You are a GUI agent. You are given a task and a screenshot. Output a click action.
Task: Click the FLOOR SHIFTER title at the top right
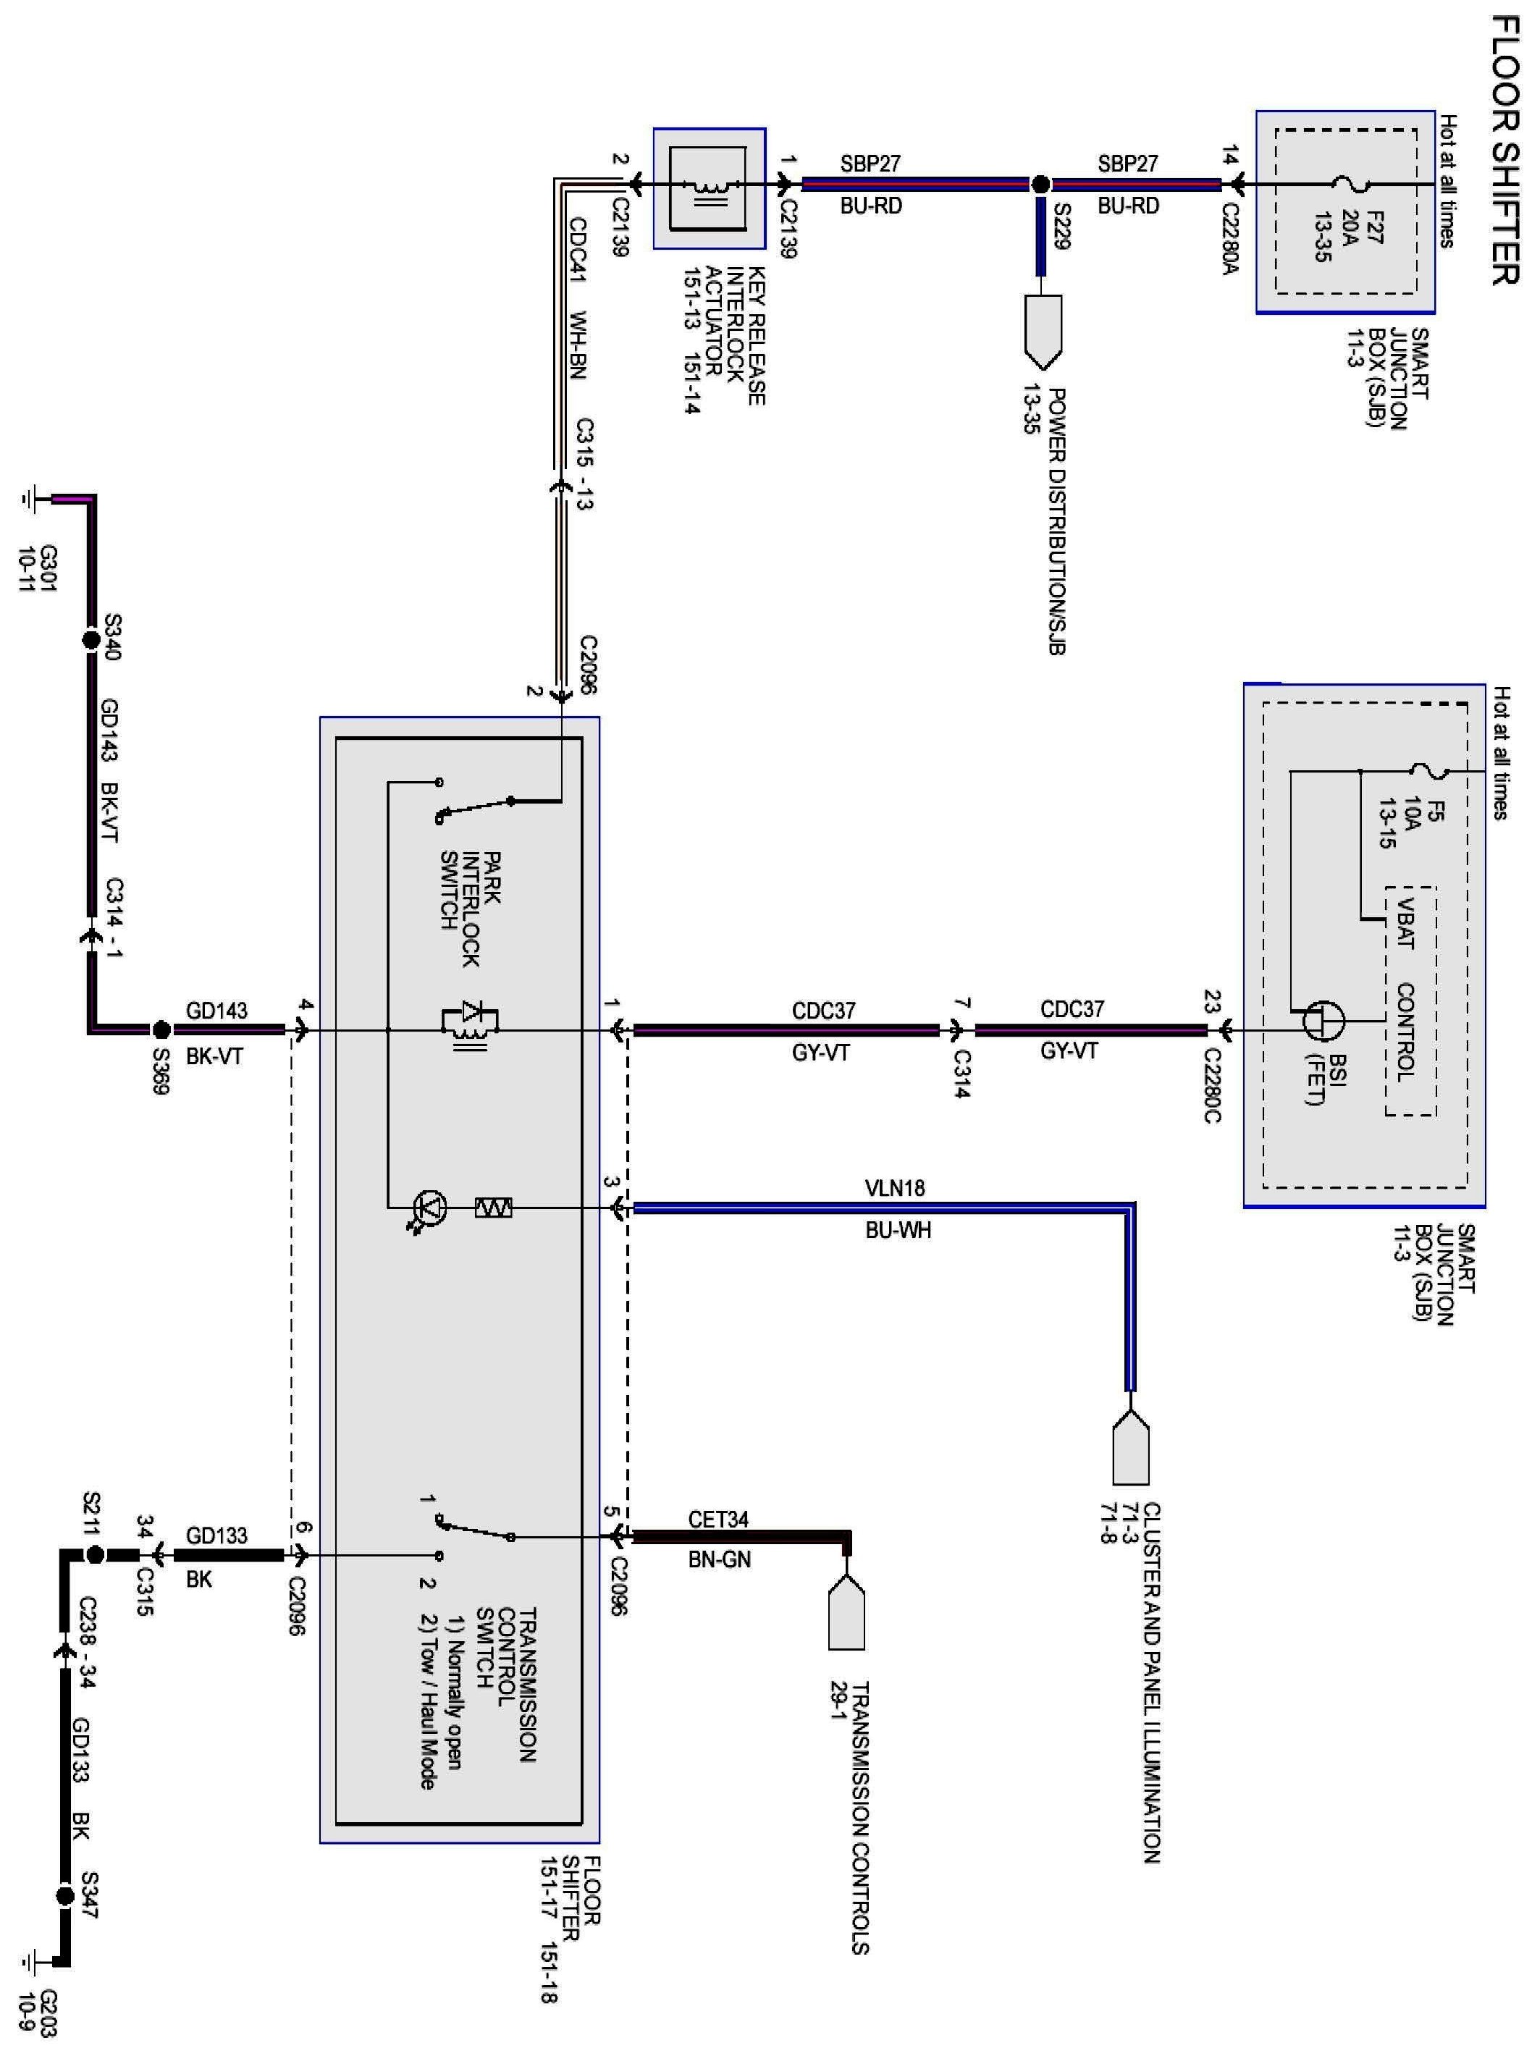pyautogui.click(x=1504, y=149)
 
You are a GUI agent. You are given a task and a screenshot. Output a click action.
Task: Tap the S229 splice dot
pyautogui.click(x=1040, y=185)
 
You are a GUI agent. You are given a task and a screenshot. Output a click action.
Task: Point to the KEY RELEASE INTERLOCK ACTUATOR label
pyautogui.click(x=733, y=334)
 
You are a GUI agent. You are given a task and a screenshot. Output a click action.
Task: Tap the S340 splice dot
pyautogui.click(x=91, y=640)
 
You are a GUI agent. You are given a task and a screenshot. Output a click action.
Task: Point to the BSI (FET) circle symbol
pyautogui.click(x=1323, y=1020)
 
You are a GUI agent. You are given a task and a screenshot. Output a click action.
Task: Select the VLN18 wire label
pyautogui.click(x=895, y=1187)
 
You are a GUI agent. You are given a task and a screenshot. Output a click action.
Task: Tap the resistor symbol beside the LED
pyautogui.click(x=493, y=1208)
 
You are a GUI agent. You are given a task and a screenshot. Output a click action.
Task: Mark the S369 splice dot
pyautogui.click(x=161, y=1029)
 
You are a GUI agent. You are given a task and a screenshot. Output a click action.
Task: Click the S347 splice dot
pyautogui.click(x=65, y=1897)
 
